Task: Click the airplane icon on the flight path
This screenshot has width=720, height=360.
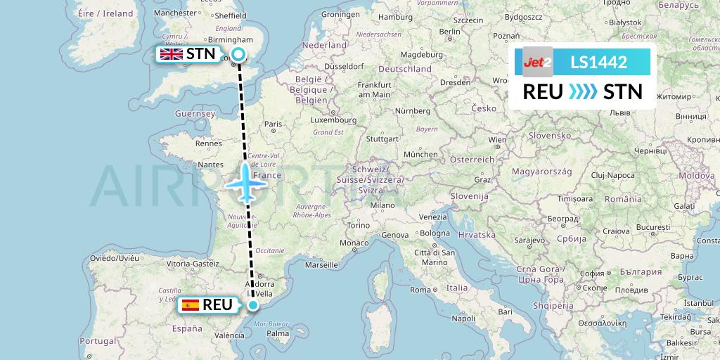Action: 246,183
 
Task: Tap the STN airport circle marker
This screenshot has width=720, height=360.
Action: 238,54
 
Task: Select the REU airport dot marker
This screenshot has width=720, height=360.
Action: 253,305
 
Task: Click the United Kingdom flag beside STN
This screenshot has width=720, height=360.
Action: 172,54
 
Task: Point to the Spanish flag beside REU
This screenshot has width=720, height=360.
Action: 189,305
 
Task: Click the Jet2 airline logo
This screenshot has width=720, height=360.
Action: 538,62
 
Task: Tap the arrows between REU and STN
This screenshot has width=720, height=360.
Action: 582,91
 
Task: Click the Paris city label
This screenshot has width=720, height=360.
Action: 273,124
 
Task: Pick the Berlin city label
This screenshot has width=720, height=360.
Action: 449,31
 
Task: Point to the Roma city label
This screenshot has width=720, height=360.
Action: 420,290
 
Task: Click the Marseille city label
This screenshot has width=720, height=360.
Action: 321,265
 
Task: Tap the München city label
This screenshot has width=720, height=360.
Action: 420,154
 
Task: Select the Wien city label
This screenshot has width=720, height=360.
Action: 498,139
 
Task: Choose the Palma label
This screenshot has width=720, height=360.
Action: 278,333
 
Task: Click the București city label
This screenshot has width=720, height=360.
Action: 654,228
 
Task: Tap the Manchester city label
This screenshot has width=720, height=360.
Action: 175,13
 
